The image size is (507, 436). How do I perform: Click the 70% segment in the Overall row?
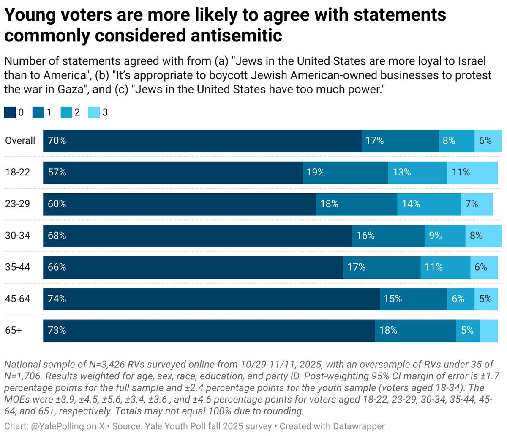pyautogui.click(x=202, y=141)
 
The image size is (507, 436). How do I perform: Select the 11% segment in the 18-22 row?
pyautogui.click(x=474, y=173)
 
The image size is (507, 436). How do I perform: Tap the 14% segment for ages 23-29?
pyautogui.click(x=429, y=204)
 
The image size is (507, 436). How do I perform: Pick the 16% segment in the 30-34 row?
pyautogui.click(x=388, y=236)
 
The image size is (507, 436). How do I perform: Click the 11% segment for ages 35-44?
pyautogui.click(x=445, y=267)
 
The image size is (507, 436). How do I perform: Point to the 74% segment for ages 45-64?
pyautogui.click(x=211, y=299)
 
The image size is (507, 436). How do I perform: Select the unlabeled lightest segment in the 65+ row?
pyautogui.click(x=489, y=331)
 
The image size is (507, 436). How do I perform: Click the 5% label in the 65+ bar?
pyautogui.click(x=467, y=331)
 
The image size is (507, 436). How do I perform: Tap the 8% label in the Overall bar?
pyautogui.click(x=449, y=141)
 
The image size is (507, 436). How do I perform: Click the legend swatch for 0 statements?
pyautogui.click(x=10, y=112)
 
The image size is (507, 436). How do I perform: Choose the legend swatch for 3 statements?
pyautogui.click(x=94, y=112)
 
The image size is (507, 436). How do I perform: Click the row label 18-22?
pyautogui.click(x=17, y=173)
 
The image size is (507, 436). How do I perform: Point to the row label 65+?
pyautogui.click(x=14, y=331)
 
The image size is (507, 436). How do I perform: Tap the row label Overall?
pyautogui.click(x=20, y=141)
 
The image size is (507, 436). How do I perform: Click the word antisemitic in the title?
pyautogui.click(x=236, y=36)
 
